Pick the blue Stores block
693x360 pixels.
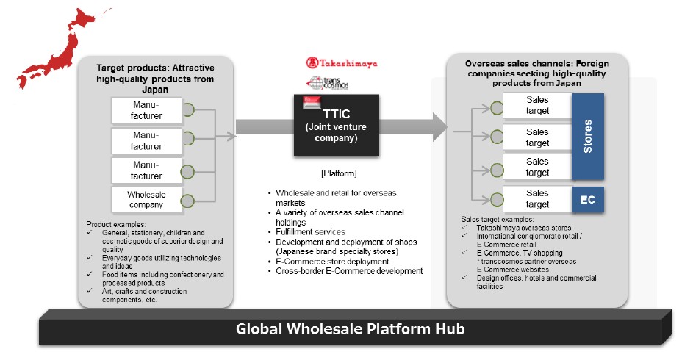[x=587, y=137]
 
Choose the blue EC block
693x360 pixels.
[x=587, y=199]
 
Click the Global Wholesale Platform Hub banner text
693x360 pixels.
[x=350, y=328]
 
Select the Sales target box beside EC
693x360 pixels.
[x=537, y=199]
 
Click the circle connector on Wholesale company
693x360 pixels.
[x=188, y=200]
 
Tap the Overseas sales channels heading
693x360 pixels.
[x=536, y=73]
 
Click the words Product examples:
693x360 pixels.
[x=116, y=223]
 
